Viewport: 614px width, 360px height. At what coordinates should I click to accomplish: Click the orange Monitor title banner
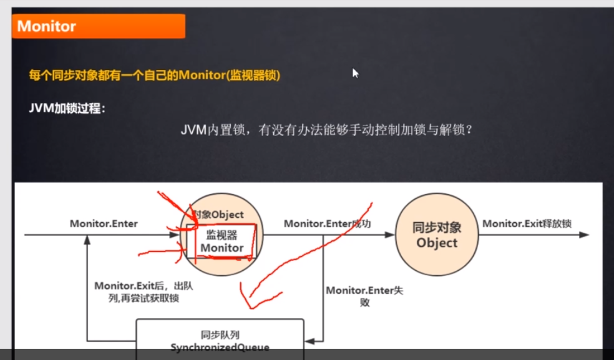[x=99, y=26]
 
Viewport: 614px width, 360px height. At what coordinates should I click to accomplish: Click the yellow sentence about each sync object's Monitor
[x=155, y=75]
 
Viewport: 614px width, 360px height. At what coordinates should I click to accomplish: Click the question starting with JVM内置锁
[x=328, y=131]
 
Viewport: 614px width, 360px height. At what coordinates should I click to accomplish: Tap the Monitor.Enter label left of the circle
[x=104, y=223]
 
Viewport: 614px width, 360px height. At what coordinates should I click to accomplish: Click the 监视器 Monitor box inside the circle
[x=222, y=241]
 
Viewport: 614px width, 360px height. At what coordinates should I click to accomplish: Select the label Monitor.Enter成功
[x=328, y=223]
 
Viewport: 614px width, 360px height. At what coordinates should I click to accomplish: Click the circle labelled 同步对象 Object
[x=437, y=235]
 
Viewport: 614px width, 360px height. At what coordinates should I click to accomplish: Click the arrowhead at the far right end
[x=585, y=235]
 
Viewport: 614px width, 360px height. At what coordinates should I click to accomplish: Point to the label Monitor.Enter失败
[x=364, y=296]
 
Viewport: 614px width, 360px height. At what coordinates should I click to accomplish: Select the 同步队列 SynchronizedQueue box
[x=220, y=339]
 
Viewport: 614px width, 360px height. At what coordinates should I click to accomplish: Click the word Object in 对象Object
[x=227, y=215]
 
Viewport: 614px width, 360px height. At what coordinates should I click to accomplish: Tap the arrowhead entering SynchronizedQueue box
[x=309, y=341]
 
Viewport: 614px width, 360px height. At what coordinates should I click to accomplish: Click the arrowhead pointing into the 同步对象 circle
[x=391, y=235]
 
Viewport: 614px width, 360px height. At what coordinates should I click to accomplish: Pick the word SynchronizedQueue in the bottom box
[x=220, y=346]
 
